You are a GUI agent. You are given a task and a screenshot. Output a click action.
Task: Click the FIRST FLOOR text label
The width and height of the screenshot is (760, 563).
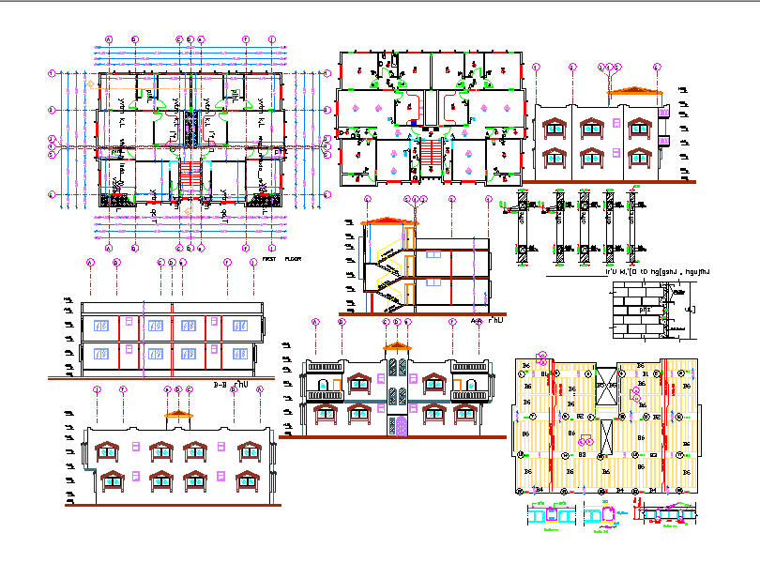[x=281, y=258]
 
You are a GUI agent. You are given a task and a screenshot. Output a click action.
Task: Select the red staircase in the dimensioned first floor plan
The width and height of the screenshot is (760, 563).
[x=190, y=175]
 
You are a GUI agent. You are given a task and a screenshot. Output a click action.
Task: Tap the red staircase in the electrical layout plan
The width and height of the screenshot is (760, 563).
[x=433, y=152]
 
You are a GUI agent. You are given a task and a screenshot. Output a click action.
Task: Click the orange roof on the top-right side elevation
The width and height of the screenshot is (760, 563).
[x=635, y=91]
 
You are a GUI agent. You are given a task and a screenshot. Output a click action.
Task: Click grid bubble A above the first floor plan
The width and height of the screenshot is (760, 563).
[x=109, y=39]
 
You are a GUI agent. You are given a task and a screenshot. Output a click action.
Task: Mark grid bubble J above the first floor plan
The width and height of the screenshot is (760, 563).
[x=272, y=39]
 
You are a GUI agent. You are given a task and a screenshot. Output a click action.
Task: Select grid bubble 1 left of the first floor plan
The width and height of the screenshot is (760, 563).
[x=53, y=71]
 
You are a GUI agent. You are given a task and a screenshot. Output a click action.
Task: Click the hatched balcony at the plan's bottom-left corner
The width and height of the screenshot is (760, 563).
[x=115, y=198]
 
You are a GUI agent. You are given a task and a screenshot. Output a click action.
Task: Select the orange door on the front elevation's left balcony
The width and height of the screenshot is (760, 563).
[x=322, y=384]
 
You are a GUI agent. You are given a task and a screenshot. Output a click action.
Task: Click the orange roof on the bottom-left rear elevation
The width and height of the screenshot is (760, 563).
[x=177, y=414]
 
